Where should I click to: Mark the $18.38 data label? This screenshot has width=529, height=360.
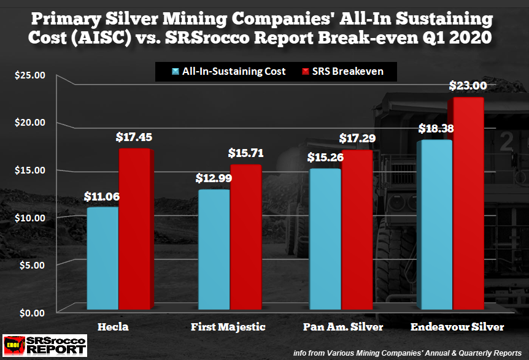(x=435, y=129)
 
